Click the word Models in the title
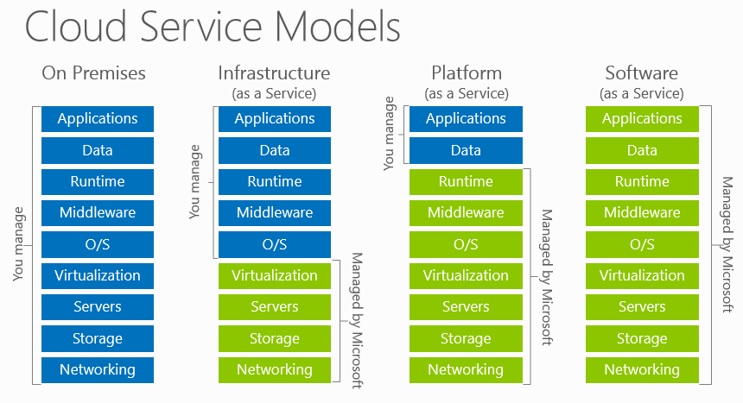[x=342, y=28]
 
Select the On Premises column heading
[x=93, y=72]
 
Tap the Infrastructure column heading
[x=274, y=72]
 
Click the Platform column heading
[x=466, y=72]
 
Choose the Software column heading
[x=641, y=72]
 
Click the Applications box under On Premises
[x=98, y=119]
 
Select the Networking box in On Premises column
[x=98, y=370]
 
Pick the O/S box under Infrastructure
[x=274, y=244]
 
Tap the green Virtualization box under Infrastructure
[x=274, y=276]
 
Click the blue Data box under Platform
[x=466, y=150]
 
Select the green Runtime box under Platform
[x=466, y=182]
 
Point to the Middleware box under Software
[x=642, y=213]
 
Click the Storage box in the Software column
[x=642, y=338]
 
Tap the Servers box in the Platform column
[x=466, y=307]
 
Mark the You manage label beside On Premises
[x=19, y=244]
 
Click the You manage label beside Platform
[x=389, y=135]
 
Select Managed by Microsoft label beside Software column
[x=727, y=244]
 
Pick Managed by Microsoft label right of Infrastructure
[x=355, y=322]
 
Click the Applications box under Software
[x=642, y=119]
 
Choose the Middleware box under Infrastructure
[x=274, y=213]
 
